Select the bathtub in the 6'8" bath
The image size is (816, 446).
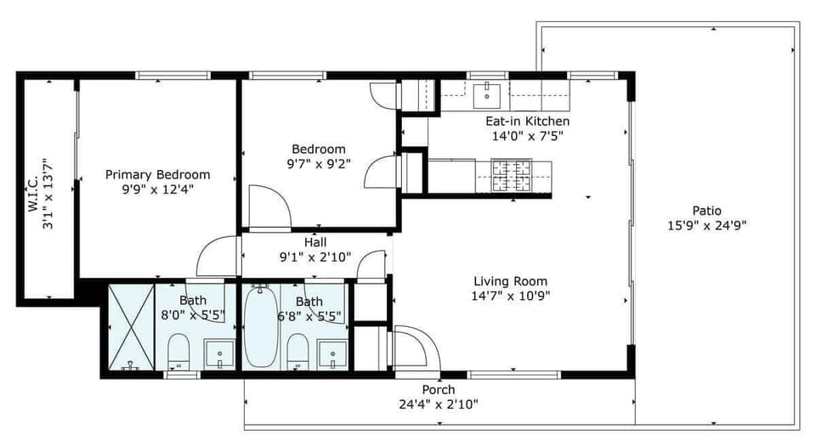[260, 325]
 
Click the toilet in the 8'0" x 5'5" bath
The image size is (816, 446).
[178, 350]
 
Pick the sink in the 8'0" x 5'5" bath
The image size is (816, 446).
[219, 353]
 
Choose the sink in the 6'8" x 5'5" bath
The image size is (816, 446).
[331, 353]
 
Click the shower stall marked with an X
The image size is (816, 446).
[130, 325]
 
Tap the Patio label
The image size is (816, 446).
[706, 211]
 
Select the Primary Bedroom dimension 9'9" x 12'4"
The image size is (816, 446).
[157, 189]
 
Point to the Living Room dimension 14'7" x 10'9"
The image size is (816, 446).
[510, 296]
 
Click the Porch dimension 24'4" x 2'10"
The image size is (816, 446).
[439, 404]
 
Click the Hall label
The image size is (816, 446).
[315, 242]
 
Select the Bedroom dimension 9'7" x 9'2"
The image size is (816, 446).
[319, 163]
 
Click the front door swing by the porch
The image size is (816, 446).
[415, 348]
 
